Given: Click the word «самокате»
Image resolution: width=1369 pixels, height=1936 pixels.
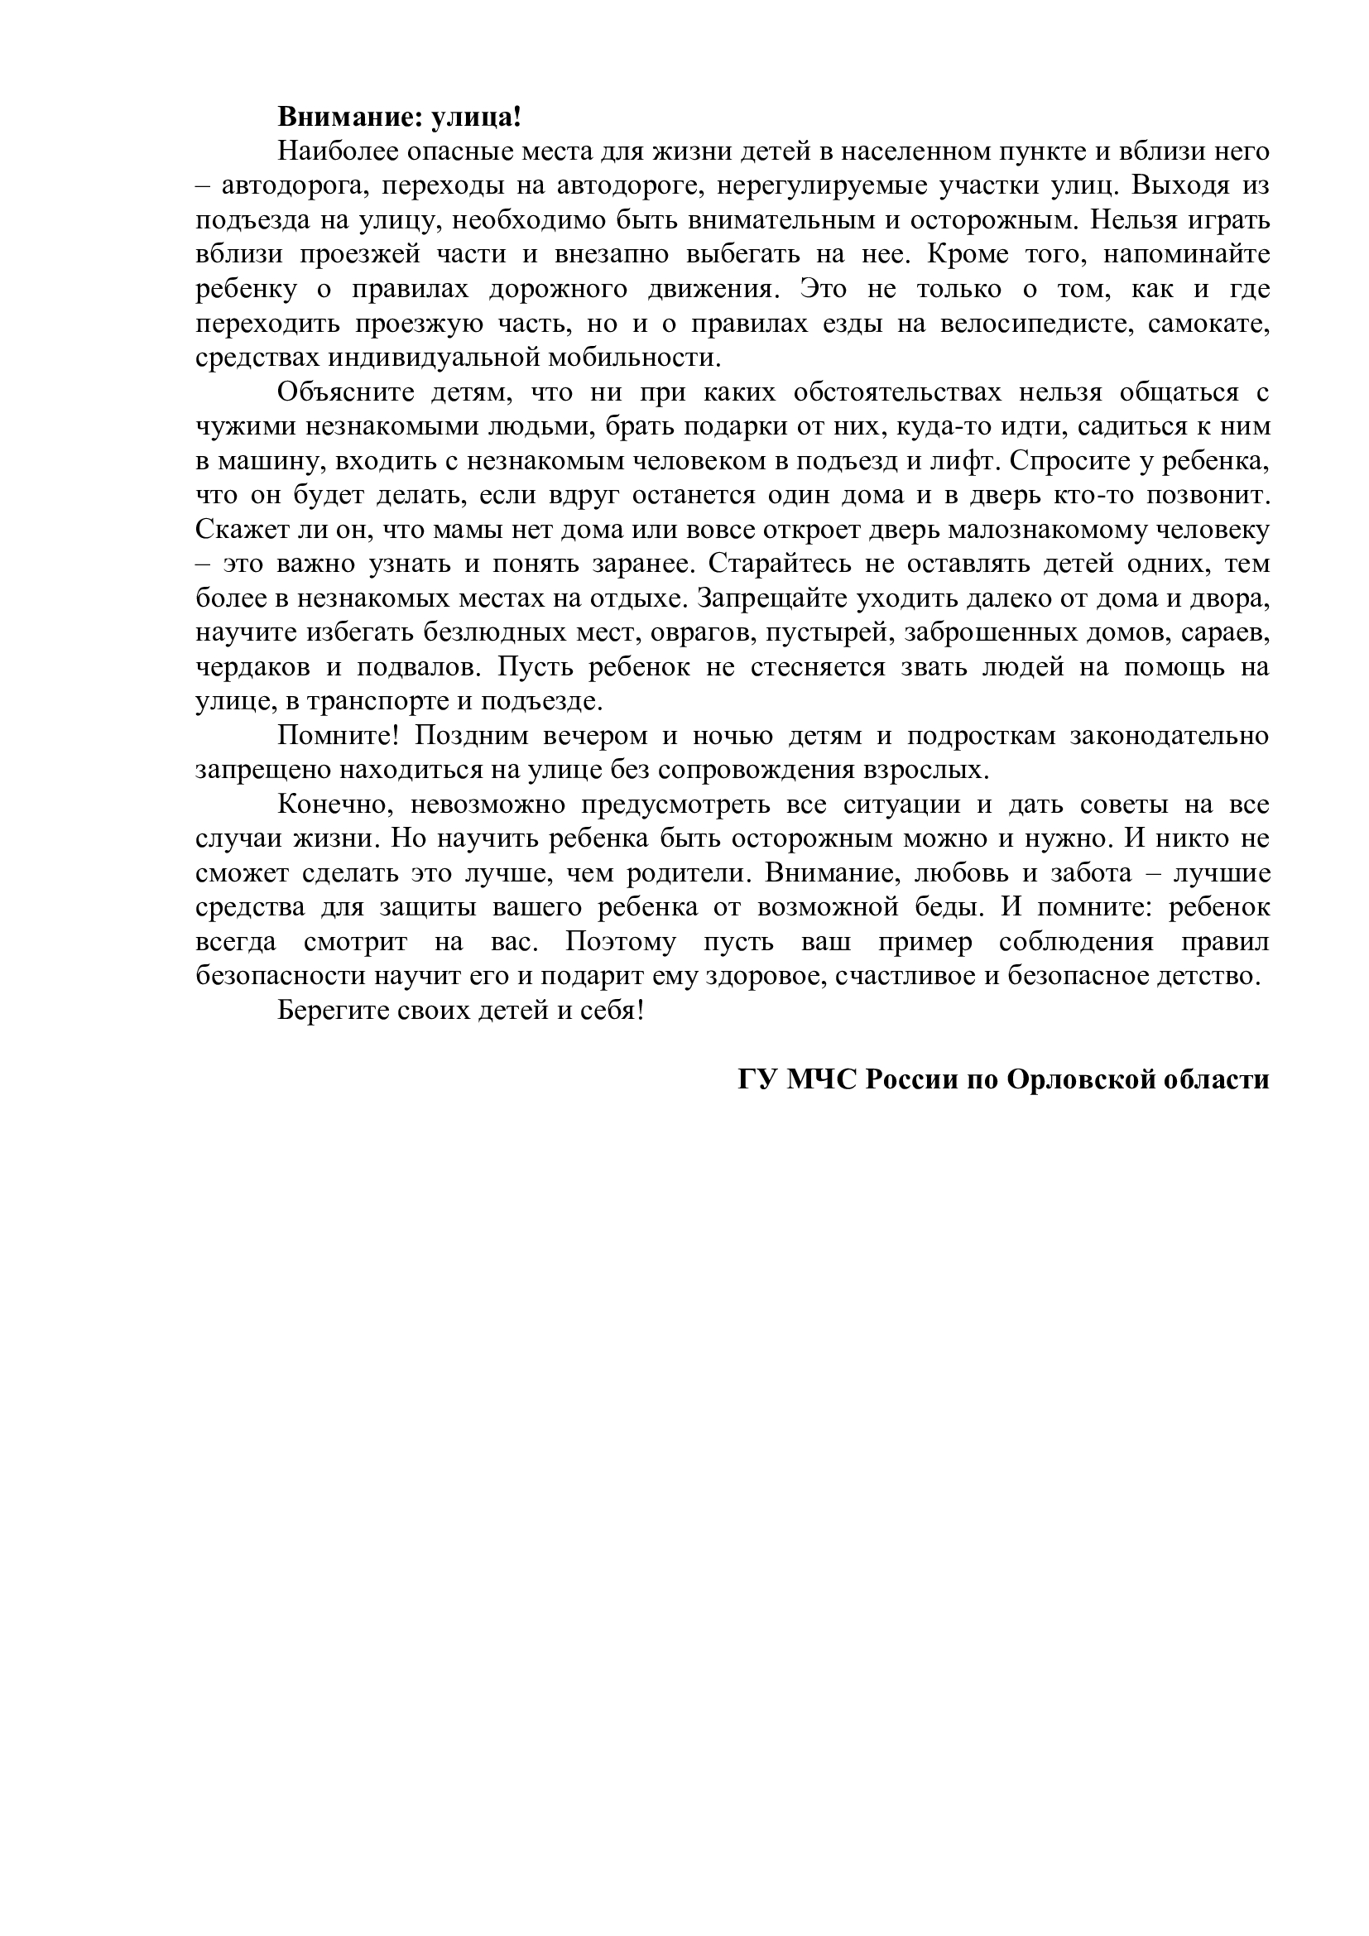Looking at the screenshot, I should [x=1207, y=323].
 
